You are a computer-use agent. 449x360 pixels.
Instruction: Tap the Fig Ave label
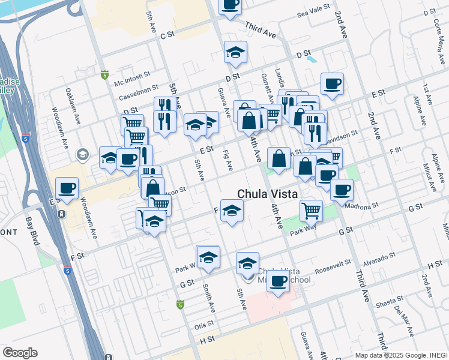228,160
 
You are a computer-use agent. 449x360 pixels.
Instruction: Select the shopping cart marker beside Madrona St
311,211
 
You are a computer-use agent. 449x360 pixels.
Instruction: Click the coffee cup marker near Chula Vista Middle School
277,281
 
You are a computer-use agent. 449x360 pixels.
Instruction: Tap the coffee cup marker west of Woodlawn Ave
67,188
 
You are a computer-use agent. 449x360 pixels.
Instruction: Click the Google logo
20,353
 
